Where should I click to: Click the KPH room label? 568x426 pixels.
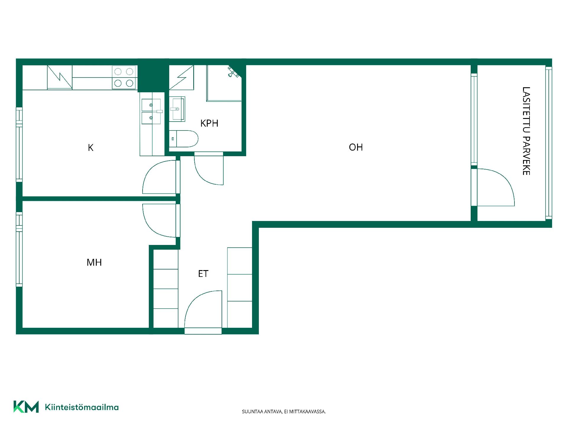(x=209, y=123)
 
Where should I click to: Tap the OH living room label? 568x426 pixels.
(x=356, y=147)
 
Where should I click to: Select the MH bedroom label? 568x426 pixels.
(x=94, y=262)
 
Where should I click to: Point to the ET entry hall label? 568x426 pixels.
(x=203, y=274)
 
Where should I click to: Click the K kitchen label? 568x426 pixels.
(x=91, y=148)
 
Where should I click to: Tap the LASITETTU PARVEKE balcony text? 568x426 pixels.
(x=526, y=131)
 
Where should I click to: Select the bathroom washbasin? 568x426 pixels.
(x=177, y=109)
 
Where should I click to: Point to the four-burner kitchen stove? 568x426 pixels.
(x=124, y=77)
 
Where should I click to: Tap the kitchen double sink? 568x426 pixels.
(x=151, y=112)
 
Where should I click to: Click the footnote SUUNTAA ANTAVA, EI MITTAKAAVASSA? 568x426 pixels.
(x=284, y=412)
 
